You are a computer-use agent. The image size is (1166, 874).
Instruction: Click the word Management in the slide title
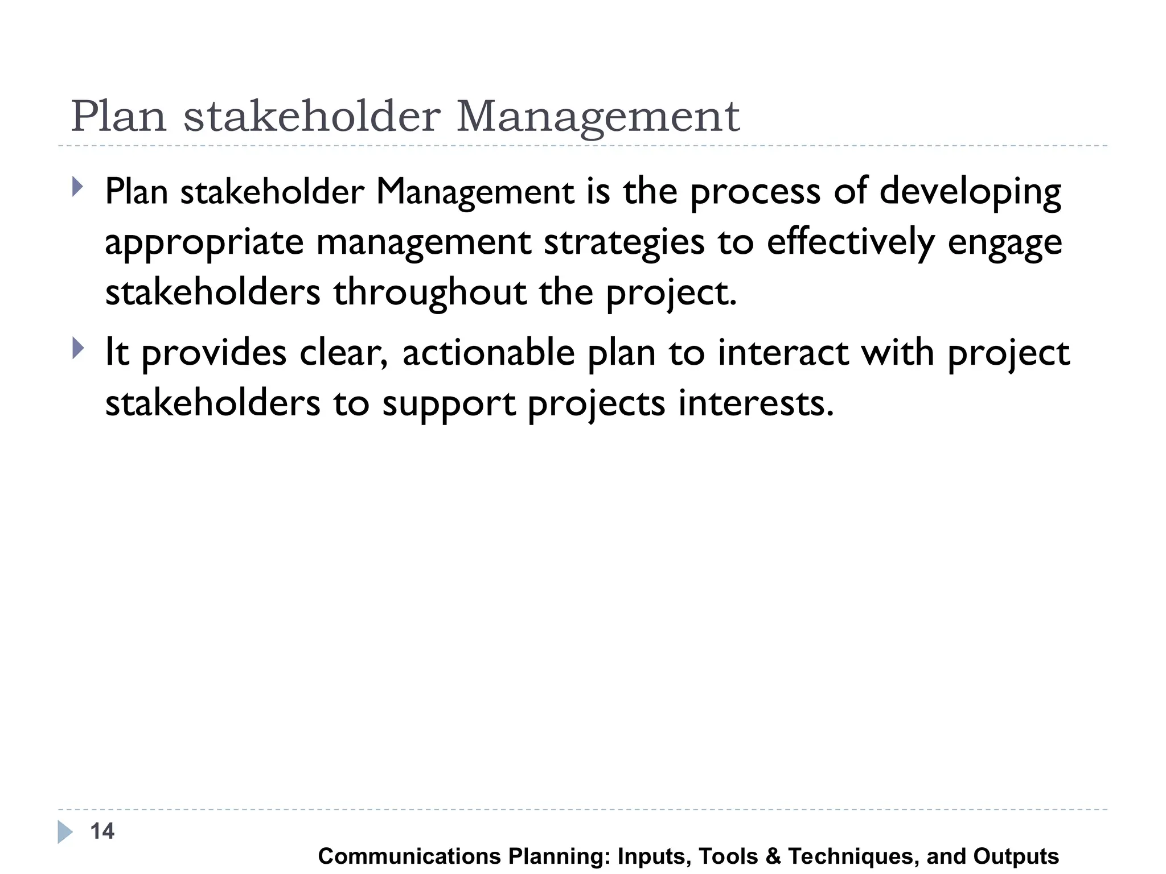coord(598,117)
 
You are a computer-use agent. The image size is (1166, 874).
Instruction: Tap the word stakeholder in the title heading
coord(312,117)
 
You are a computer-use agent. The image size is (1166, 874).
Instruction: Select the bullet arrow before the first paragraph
coord(78,187)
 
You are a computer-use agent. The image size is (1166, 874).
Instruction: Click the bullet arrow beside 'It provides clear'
coord(78,348)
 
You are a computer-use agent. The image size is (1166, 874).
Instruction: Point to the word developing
coord(970,192)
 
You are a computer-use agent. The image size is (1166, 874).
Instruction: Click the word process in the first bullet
coord(755,192)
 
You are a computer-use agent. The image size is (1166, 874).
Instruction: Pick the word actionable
coord(488,353)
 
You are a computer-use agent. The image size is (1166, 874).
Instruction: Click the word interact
coord(783,353)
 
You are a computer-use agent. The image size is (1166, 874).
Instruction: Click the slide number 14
coord(102,831)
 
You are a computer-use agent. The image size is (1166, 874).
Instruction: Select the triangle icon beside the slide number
coord(65,832)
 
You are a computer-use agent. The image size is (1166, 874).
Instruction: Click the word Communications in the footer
coord(409,856)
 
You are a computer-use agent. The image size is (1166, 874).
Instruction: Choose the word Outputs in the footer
coord(1016,856)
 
